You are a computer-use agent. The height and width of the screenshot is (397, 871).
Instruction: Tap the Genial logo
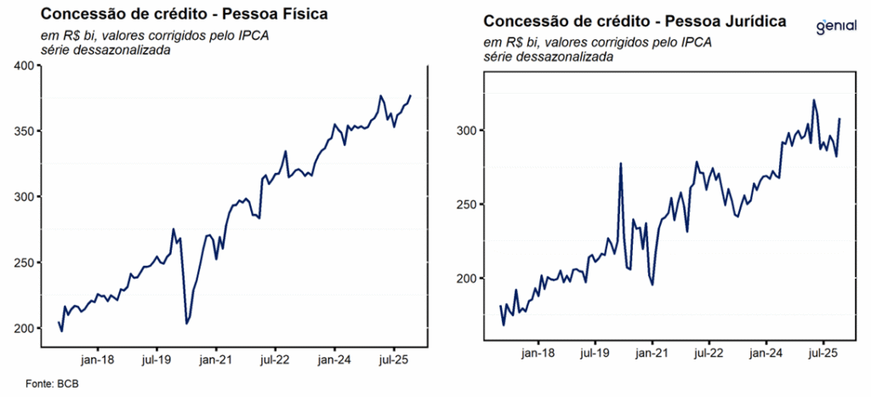[835, 26]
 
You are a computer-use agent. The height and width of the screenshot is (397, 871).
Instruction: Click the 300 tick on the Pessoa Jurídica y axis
[466, 130]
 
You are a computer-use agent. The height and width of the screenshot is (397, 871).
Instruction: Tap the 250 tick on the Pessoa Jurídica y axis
[466, 204]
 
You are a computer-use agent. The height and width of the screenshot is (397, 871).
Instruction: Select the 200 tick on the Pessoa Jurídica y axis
[466, 279]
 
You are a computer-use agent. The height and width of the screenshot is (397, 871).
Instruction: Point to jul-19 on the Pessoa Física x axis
[157, 360]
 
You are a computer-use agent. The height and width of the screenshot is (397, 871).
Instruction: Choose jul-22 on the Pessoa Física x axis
[276, 360]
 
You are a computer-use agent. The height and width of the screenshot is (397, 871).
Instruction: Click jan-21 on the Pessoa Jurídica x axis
[651, 352]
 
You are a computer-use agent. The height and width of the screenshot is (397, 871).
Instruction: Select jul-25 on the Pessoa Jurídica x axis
[823, 352]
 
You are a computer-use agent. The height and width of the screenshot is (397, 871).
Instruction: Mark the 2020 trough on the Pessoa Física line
[186, 324]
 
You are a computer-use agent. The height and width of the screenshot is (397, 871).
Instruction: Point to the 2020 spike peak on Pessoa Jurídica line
[621, 164]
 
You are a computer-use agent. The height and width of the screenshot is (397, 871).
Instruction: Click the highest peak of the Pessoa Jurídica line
[814, 100]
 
